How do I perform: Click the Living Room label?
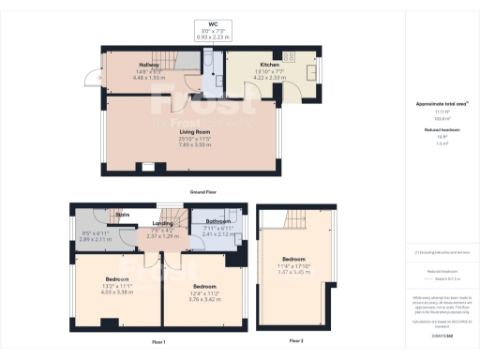click(193, 133)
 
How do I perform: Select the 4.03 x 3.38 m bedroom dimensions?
click(117, 292)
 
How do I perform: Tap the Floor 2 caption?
click(296, 339)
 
